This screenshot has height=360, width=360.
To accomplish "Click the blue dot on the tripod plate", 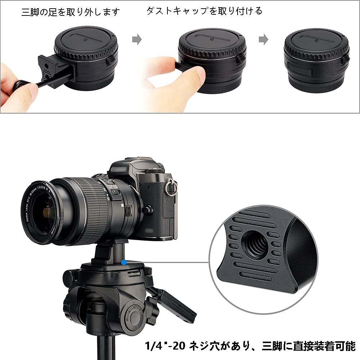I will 123,262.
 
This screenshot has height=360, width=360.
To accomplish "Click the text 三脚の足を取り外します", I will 70,12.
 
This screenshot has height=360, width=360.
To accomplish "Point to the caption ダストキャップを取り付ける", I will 204,11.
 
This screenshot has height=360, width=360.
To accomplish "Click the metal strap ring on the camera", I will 172,187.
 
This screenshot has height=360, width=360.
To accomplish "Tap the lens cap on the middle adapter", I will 212,42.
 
